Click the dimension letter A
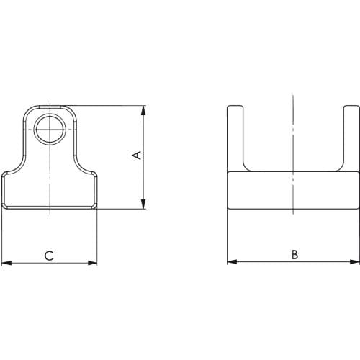click(138, 156)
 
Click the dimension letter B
click(294, 255)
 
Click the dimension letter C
click(49, 256)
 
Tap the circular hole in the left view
click(50, 130)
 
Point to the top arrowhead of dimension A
click(143, 111)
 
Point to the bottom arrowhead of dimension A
click(143, 204)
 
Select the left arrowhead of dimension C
click(6, 263)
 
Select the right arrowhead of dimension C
click(92, 263)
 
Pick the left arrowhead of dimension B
click(232, 261)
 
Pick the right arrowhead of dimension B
click(355, 261)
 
